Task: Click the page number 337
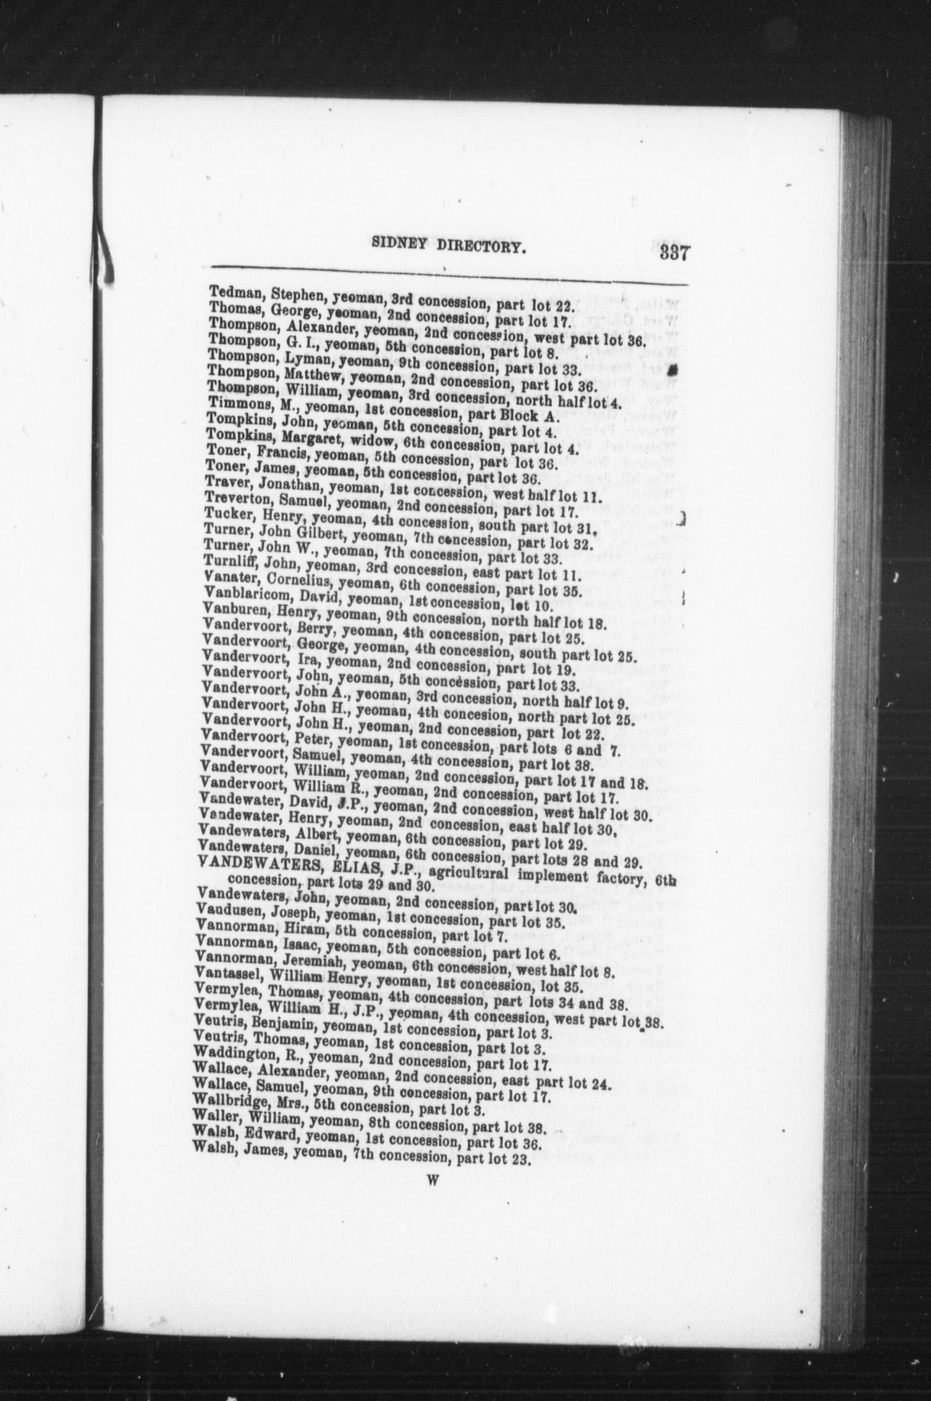pyautogui.click(x=673, y=254)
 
